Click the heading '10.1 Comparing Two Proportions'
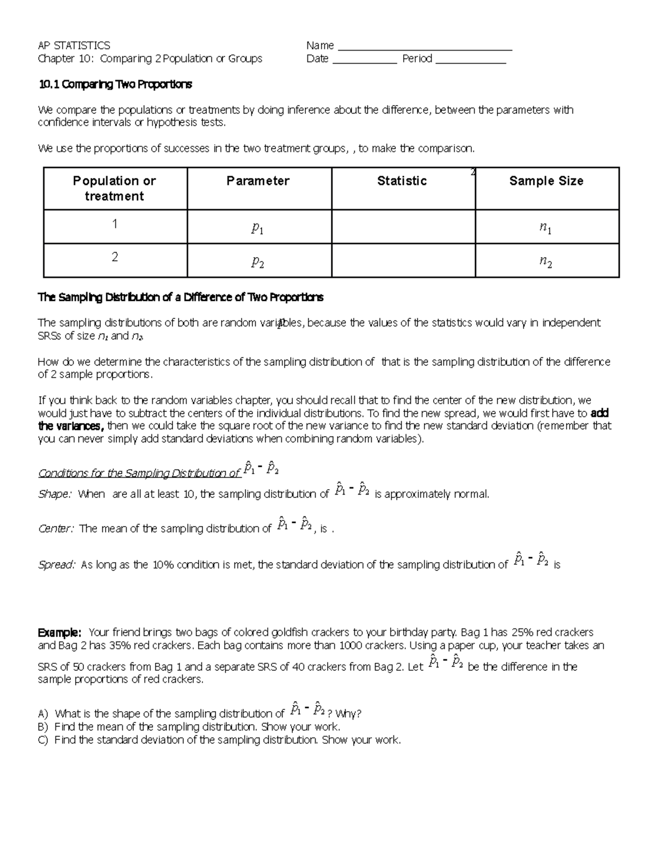pyautogui.click(x=115, y=84)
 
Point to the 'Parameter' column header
pyautogui.click(x=258, y=181)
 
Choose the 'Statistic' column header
pyautogui.click(x=402, y=181)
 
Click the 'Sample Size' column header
pyautogui.click(x=546, y=181)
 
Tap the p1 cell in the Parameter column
pyautogui.click(x=258, y=229)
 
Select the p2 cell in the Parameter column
pyautogui.click(x=258, y=262)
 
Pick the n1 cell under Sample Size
pyautogui.click(x=546, y=229)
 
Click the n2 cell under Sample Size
pyautogui.click(x=546, y=262)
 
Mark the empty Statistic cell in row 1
pyautogui.click(x=403, y=227)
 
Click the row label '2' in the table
pyautogui.click(x=114, y=257)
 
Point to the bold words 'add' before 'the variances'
pyautogui.click(x=599, y=413)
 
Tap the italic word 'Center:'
pyautogui.click(x=56, y=529)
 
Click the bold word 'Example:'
pyautogui.click(x=59, y=633)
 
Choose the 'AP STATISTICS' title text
pyautogui.click(x=73, y=46)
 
